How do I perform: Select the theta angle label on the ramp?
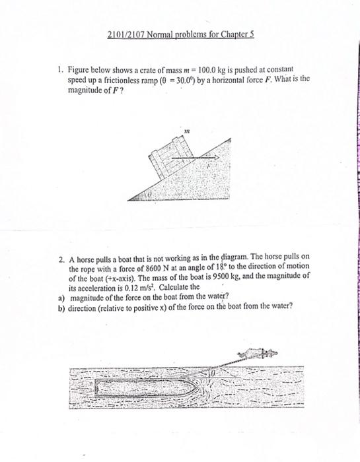pos(149,195)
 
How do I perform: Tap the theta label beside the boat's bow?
pos(213,374)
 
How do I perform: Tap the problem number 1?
pos(59,69)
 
